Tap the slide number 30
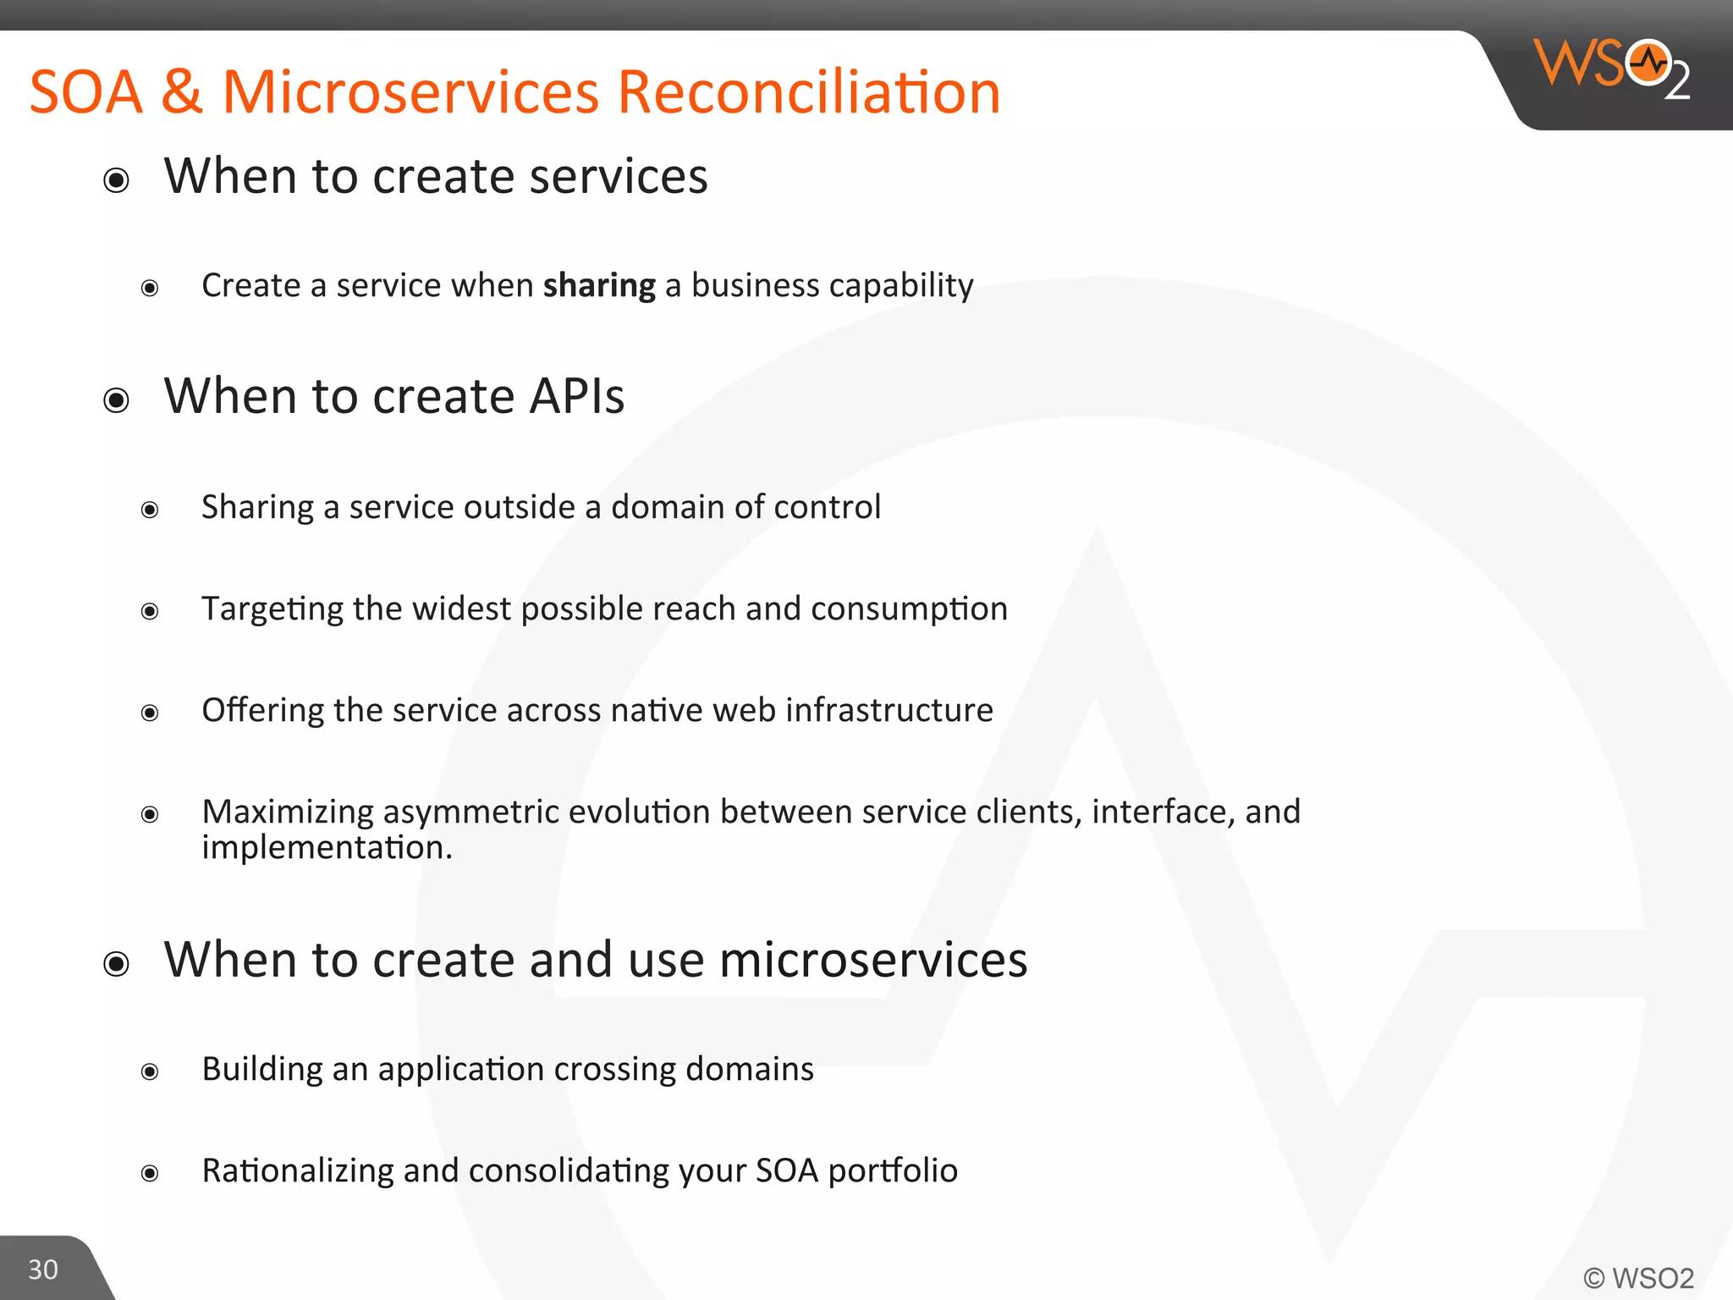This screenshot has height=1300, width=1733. click(43, 1270)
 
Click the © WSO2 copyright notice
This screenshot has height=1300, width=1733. click(1638, 1278)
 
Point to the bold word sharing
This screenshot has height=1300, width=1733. click(599, 286)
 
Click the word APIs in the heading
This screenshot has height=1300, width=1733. click(576, 396)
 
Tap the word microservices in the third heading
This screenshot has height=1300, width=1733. click(872, 961)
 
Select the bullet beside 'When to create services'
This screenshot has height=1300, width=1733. click(117, 180)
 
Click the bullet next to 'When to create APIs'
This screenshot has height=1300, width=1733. click(117, 400)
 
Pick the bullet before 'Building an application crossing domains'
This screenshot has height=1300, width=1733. click(150, 1072)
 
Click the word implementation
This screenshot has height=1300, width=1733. click(327, 847)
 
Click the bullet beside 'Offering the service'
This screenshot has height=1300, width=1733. click(150, 713)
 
